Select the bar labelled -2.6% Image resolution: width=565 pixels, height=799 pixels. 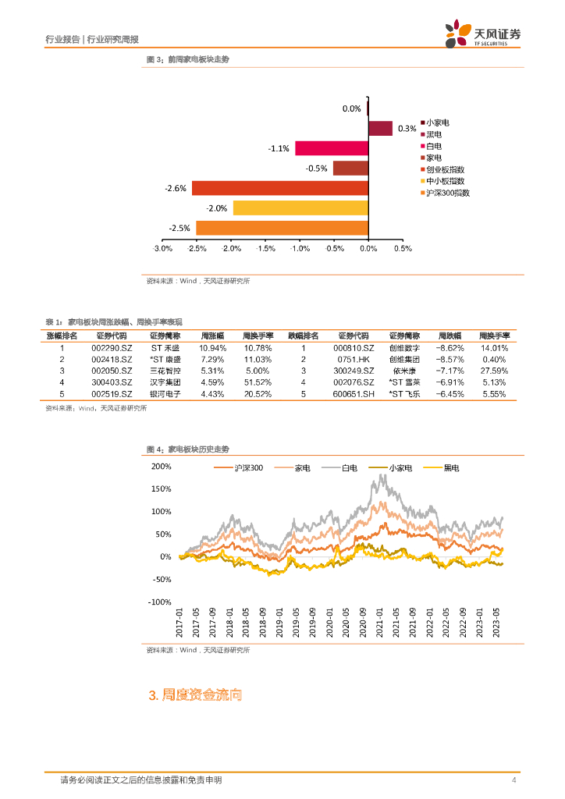point(280,188)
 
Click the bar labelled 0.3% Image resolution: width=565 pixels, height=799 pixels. point(380,129)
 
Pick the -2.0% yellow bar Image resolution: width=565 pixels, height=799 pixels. point(300,208)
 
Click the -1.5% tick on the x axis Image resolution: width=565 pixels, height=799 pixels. point(265,249)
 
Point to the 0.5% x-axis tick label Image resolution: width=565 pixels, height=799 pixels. point(402,249)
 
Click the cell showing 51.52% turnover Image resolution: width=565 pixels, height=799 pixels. point(258,382)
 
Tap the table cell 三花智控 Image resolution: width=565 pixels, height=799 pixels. point(165,371)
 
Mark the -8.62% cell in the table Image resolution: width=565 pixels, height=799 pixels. point(450,347)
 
